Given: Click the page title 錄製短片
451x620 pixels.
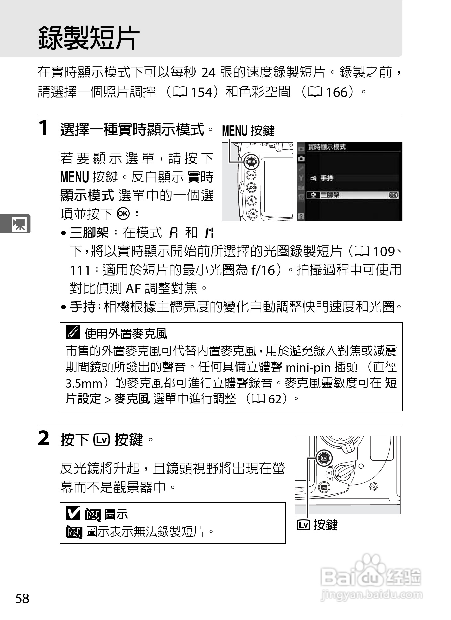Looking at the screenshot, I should click(x=89, y=38).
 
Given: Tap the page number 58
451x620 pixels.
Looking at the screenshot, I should click(x=22, y=599).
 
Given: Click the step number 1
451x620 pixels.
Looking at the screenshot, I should click(x=43, y=128).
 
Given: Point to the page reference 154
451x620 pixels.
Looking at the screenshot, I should click(x=201, y=92).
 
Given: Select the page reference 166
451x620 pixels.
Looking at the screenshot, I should click(x=336, y=92).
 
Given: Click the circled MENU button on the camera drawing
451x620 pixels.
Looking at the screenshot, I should click(x=251, y=162).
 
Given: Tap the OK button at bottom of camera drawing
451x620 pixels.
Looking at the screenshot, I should click(x=252, y=214).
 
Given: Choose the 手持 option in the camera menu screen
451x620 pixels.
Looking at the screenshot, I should click(x=326, y=178).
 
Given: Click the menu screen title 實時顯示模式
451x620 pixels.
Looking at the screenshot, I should click(x=326, y=147).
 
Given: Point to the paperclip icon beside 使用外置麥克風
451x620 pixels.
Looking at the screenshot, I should click(x=73, y=332).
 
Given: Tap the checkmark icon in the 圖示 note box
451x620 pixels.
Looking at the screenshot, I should click(x=73, y=513).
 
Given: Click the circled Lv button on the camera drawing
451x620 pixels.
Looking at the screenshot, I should click(x=324, y=458).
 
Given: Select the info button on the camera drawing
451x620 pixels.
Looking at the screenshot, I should click(x=324, y=487).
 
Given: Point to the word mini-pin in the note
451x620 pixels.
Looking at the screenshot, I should click(x=308, y=367).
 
